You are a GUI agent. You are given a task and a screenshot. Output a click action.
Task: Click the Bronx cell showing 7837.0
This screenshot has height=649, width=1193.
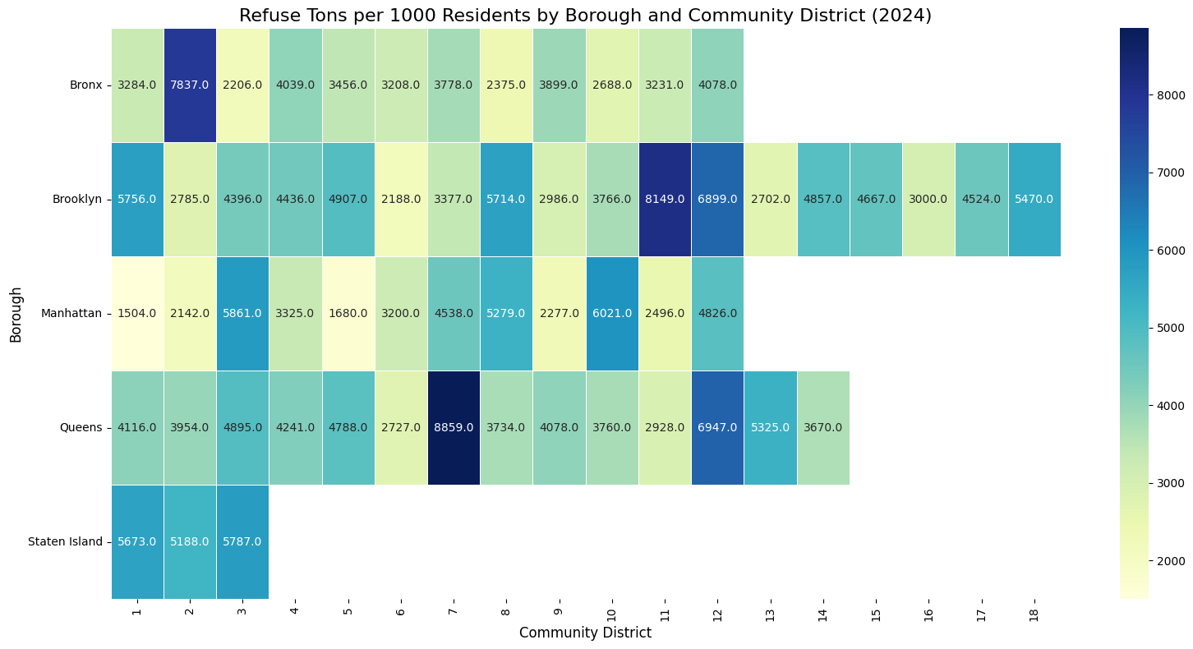pyautogui.click(x=190, y=85)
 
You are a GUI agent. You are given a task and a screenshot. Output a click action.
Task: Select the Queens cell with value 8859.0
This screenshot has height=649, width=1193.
pyautogui.click(x=454, y=427)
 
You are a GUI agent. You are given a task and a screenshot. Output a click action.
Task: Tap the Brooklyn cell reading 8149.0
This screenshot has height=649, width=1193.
pyautogui.click(x=665, y=200)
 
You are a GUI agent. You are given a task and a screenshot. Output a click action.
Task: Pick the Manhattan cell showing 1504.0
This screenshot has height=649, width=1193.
pyautogui.click(x=137, y=314)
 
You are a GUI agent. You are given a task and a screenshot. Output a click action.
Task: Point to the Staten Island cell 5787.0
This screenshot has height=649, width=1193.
pyautogui.click(x=242, y=541)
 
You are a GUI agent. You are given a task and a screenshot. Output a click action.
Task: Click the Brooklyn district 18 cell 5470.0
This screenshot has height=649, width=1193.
pyautogui.click(x=1034, y=200)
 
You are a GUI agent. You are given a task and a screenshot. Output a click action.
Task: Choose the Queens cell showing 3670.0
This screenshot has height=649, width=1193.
pyautogui.click(x=822, y=427)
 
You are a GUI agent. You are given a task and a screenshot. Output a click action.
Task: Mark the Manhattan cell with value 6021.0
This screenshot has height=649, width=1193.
pyautogui.click(x=612, y=314)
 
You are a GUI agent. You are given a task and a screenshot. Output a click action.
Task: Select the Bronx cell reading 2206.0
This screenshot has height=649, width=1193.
pyautogui.click(x=242, y=85)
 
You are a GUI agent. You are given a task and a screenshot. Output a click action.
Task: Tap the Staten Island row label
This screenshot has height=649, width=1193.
pyautogui.click(x=65, y=541)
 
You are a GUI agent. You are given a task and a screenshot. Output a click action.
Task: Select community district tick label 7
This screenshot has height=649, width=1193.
pyautogui.click(x=454, y=613)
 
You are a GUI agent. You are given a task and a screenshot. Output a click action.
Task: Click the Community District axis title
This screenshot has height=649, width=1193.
pyautogui.click(x=585, y=633)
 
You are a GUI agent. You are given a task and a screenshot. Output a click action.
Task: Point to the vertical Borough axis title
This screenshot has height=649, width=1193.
pyautogui.click(x=16, y=314)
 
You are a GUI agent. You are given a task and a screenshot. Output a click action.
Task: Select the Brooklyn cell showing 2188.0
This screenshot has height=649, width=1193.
pyautogui.click(x=401, y=200)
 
